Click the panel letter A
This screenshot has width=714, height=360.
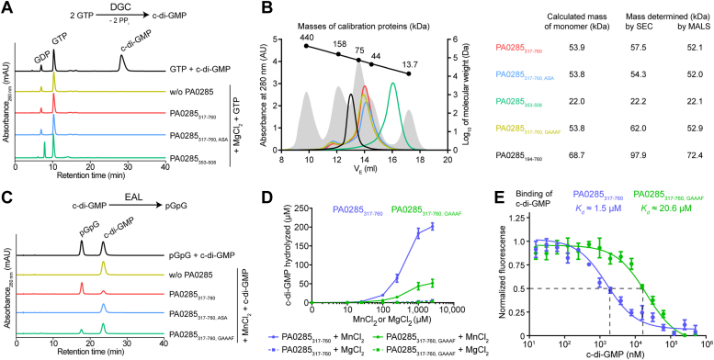click(6, 8)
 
